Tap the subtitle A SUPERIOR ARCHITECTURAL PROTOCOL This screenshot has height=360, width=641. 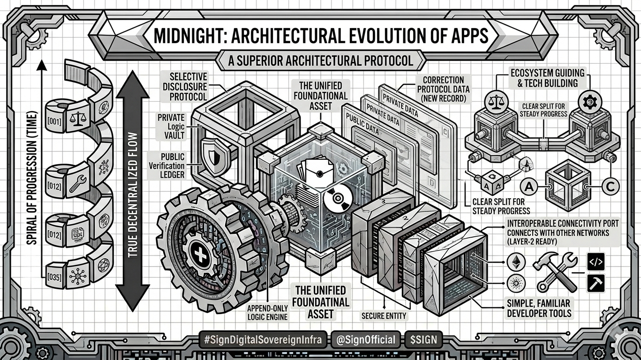click(320, 61)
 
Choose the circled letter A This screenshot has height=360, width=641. click(529, 187)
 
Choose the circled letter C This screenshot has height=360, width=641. click(610, 186)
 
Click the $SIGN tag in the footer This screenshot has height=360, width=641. click(421, 340)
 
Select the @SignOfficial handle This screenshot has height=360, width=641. click(366, 340)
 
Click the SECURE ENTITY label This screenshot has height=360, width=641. click(384, 316)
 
